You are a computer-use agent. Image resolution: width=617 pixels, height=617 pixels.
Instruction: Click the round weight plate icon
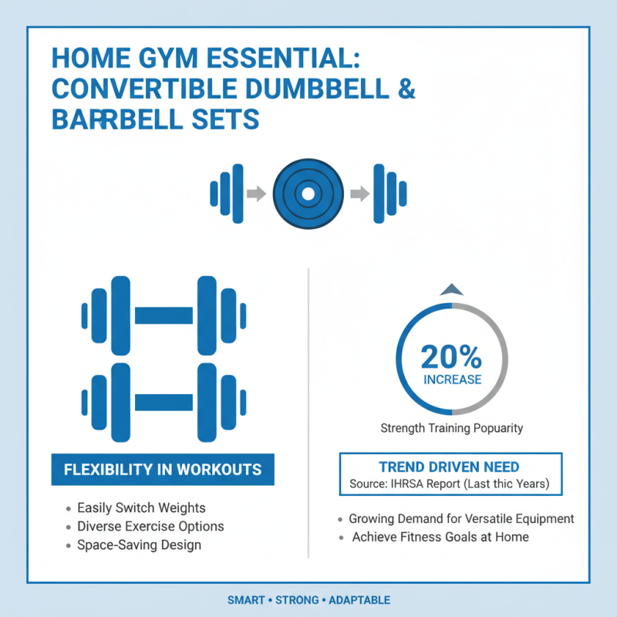[x=307, y=194]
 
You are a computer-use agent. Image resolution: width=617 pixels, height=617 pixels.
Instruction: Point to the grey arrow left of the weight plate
[x=256, y=194]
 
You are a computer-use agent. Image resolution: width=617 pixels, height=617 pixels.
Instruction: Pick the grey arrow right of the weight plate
[x=359, y=194]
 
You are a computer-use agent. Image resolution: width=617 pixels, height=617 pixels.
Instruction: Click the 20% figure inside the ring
[x=451, y=356]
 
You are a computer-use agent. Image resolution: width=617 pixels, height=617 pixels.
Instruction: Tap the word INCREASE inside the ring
[x=452, y=379]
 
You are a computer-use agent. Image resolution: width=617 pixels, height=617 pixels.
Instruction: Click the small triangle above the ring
[x=451, y=289]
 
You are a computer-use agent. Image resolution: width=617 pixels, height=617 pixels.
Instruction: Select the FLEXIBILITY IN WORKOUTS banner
[x=162, y=470]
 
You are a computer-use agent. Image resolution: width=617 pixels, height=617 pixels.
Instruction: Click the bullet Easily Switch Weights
[x=140, y=508]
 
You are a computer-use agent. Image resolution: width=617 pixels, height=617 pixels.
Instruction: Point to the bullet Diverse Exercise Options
[x=150, y=527]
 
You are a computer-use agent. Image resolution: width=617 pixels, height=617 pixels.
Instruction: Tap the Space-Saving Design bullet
[x=139, y=545]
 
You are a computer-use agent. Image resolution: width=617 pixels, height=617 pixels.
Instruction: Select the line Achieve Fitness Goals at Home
[x=440, y=537]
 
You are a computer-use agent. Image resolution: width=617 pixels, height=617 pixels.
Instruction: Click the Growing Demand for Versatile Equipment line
[x=461, y=519]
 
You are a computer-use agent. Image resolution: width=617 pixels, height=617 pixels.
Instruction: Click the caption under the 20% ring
[x=451, y=428]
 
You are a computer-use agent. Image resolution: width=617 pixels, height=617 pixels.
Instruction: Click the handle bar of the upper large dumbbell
[x=164, y=315]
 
